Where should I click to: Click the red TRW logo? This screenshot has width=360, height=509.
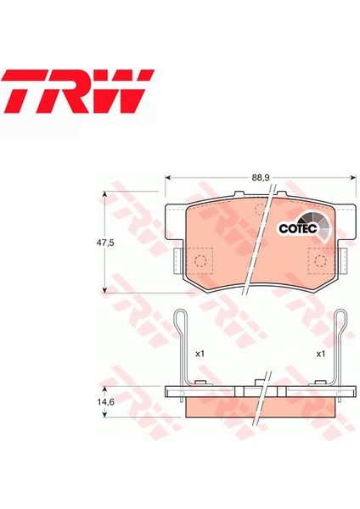pyautogui.click(x=77, y=91)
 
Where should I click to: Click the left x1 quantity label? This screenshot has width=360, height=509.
pyautogui.click(x=200, y=353)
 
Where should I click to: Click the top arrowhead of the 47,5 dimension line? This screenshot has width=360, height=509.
pyautogui.click(x=105, y=195)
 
